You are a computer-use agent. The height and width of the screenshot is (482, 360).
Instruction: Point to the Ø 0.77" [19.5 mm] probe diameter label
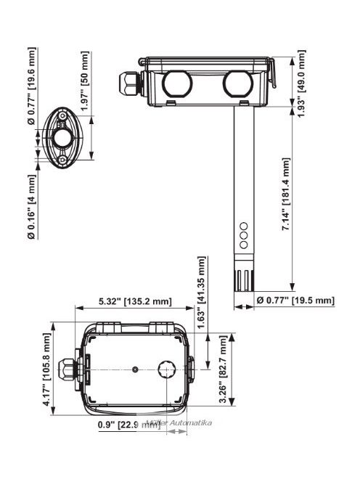295,301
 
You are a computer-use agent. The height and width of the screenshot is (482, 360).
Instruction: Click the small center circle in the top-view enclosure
135,370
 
